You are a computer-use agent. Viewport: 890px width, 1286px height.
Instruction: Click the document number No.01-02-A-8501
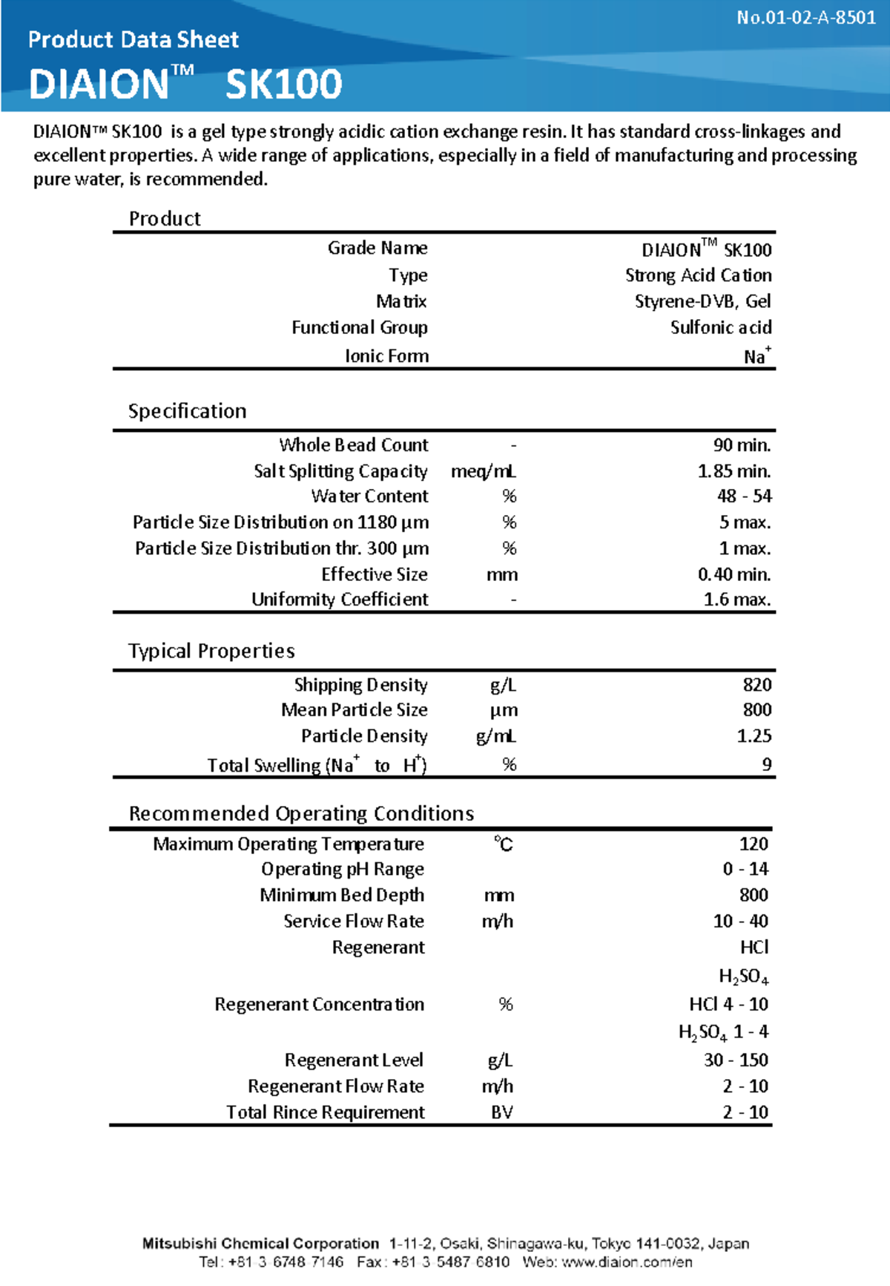click(805, 18)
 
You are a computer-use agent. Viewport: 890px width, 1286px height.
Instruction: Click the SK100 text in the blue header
click(283, 85)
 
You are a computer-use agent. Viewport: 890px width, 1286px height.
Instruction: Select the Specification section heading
click(187, 411)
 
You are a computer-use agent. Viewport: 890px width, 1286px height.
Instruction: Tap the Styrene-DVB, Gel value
click(702, 301)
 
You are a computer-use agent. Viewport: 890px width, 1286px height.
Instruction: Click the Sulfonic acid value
click(721, 327)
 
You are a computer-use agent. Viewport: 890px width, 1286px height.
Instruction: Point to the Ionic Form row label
click(386, 356)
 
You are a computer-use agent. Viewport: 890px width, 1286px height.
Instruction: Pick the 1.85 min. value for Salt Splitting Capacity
click(734, 471)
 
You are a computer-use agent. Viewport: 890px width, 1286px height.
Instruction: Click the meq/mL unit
click(484, 471)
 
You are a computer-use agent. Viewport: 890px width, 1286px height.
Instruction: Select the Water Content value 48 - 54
click(744, 496)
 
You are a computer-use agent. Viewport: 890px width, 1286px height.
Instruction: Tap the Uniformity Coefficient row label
click(340, 600)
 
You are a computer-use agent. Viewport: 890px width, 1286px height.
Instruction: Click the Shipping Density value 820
click(756, 684)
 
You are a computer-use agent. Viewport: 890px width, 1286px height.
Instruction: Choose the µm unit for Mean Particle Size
click(504, 710)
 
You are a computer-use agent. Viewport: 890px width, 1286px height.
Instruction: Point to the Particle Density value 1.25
click(754, 736)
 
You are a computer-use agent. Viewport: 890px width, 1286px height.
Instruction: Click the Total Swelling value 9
click(766, 764)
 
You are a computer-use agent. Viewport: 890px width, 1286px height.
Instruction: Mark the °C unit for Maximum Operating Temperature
click(504, 844)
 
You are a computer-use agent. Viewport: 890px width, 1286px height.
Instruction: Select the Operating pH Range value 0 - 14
click(745, 869)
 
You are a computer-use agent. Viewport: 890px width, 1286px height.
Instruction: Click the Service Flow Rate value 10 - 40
click(740, 921)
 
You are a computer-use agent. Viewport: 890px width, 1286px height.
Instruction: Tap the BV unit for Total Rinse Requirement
click(502, 1112)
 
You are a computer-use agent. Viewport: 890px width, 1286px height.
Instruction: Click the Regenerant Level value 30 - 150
click(736, 1060)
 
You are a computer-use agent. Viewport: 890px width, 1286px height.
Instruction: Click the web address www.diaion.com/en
click(627, 1262)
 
